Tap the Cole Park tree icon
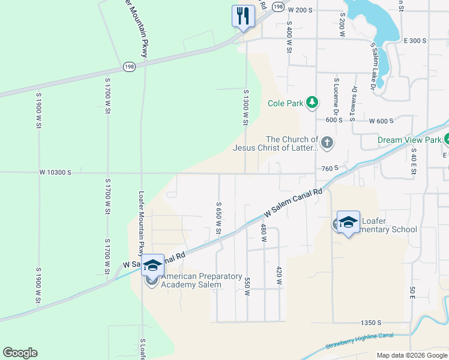coord(312,103)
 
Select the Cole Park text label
coord(286,103)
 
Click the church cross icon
coord(327,143)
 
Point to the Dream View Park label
coord(408,140)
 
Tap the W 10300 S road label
coord(56,172)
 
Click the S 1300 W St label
coord(246,107)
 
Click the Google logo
coord(20,353)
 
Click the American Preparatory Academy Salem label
coord(192,280)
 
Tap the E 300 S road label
coord(415,41)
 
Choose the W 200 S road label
coord(301,10)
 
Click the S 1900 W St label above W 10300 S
coord(38,110)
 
